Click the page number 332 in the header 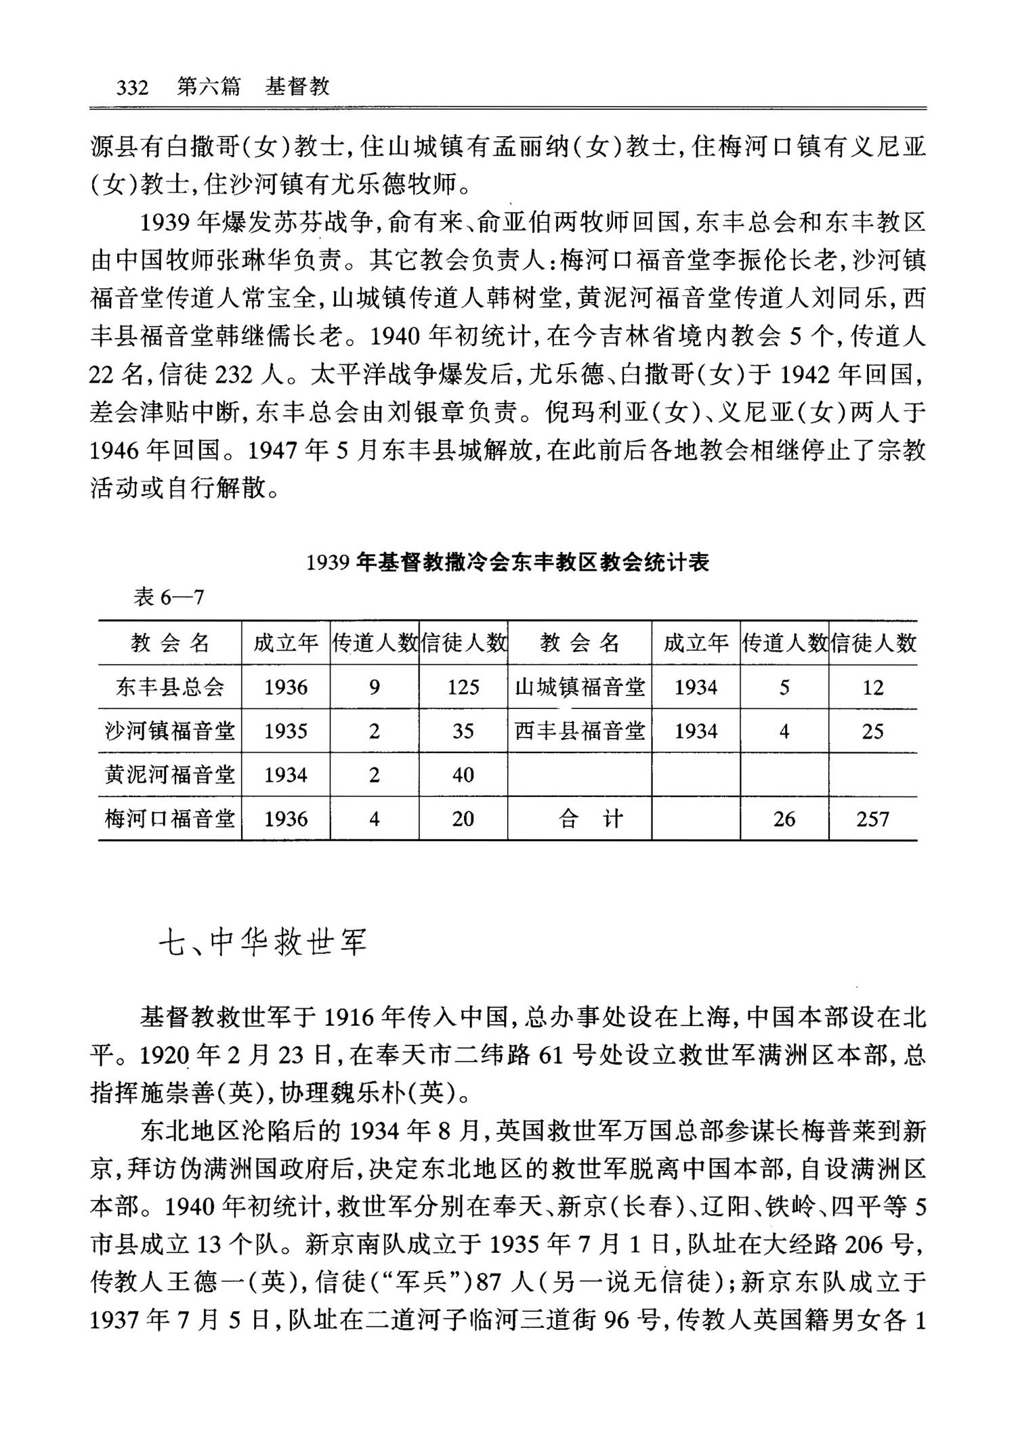point(132,87)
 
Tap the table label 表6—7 point(169,597)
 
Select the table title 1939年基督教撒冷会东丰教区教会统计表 point(507,563)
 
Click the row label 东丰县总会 point(170,687)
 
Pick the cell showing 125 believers point(463,687)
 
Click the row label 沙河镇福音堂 point(170,731)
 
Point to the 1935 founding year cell point(286,731)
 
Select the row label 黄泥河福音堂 point(170,775)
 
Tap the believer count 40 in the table point(463,775)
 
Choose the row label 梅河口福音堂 point(170,819)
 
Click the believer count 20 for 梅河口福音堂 point(463,819)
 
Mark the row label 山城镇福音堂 point(580,687)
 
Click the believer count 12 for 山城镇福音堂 point(873,687)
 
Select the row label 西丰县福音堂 point(580,731)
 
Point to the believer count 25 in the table point(873,731)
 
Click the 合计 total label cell point(580,819)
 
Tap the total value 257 point(873,819)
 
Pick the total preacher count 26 point(784,819)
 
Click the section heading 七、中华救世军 point(263,942)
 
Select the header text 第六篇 point(209,87)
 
